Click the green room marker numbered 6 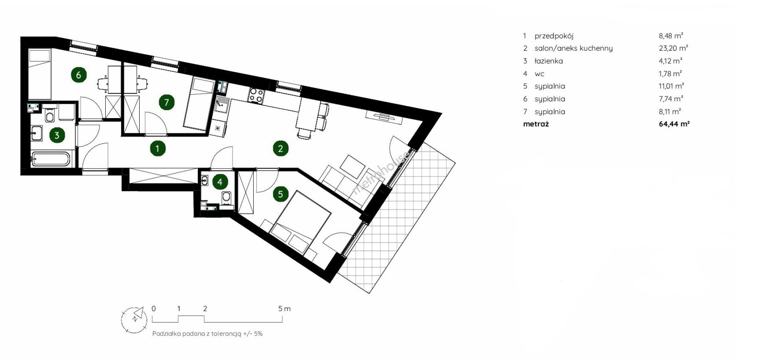tap(79, 75)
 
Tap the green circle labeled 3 tap(57, 135)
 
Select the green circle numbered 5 tap(280, 194)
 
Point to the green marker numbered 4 tap(220, 182)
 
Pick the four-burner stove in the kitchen tap(256, 95)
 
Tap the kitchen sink tap(221, 105)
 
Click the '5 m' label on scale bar tap(284, 309)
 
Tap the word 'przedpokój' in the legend tap(554, 36)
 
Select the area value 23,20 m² tap(673, 48)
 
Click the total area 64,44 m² tap(674, 124)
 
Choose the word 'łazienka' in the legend tap(549, 61)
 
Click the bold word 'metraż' tap(536, 124)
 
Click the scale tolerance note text tap(207, 334)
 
